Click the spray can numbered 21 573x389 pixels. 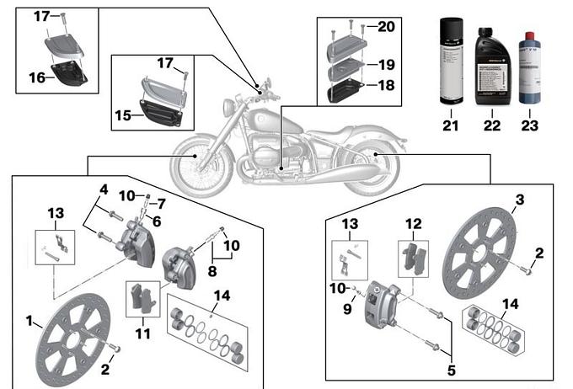(x=451, y=61)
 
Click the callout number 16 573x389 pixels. (x=36, y=77)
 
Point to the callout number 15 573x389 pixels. (x=123, y=115)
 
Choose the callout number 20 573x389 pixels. (x=385, y=27)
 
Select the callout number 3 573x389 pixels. (x=520, y=200)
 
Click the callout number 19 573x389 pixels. (x=385, y=63)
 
